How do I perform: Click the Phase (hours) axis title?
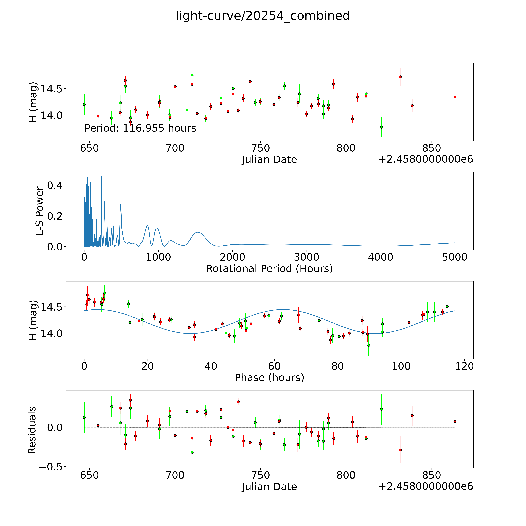[269, 378]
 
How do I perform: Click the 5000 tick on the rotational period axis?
[455, 257]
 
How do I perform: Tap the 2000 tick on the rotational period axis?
[233, 257]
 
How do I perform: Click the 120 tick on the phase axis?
[464, 366]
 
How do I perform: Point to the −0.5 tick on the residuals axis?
[51, 467]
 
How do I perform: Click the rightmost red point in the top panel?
[455, 97]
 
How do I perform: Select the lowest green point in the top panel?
[381, 127]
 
